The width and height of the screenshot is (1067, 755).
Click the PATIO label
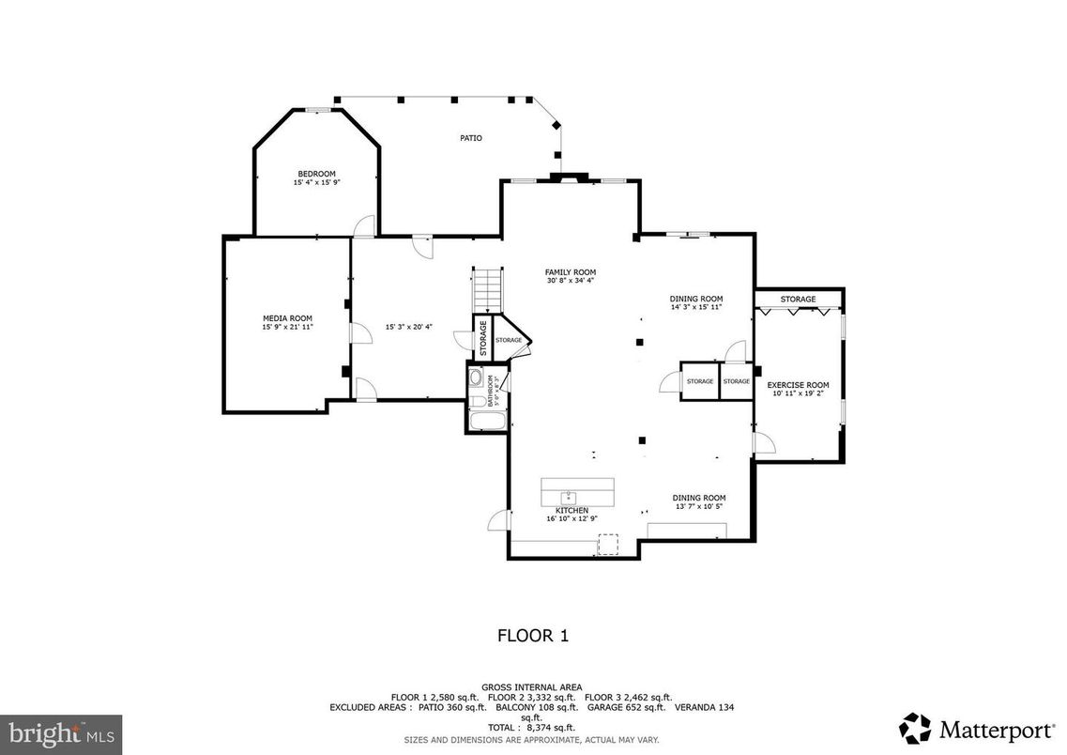[x=470, y=138]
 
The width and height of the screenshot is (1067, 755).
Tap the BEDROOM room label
[x=316, y=174]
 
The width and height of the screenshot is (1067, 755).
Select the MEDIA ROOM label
[x=287, y=318]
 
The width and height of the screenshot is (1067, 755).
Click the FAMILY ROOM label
[x=571, y=272]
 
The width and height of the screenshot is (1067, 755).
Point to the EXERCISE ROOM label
[x=798, y=385]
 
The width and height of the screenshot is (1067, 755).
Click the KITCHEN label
[x=572, y=510]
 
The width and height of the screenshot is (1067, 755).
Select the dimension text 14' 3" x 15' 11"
[x=696, y=307]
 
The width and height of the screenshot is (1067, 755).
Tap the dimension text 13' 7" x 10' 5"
[x=698, y=506]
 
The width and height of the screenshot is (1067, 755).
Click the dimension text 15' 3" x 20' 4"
[x=408, y=327]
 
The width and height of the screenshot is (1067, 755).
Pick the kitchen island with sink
[x=577, y=491]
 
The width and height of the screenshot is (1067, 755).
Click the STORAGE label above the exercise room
[x=798, y=300]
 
